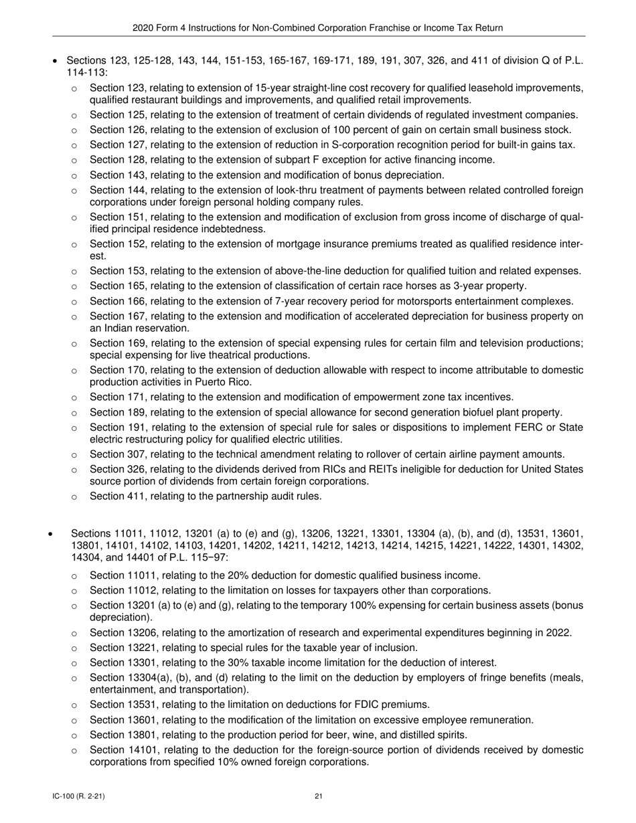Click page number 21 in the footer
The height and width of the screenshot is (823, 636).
pos(319,796)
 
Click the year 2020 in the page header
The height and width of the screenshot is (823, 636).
pos(143,27)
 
